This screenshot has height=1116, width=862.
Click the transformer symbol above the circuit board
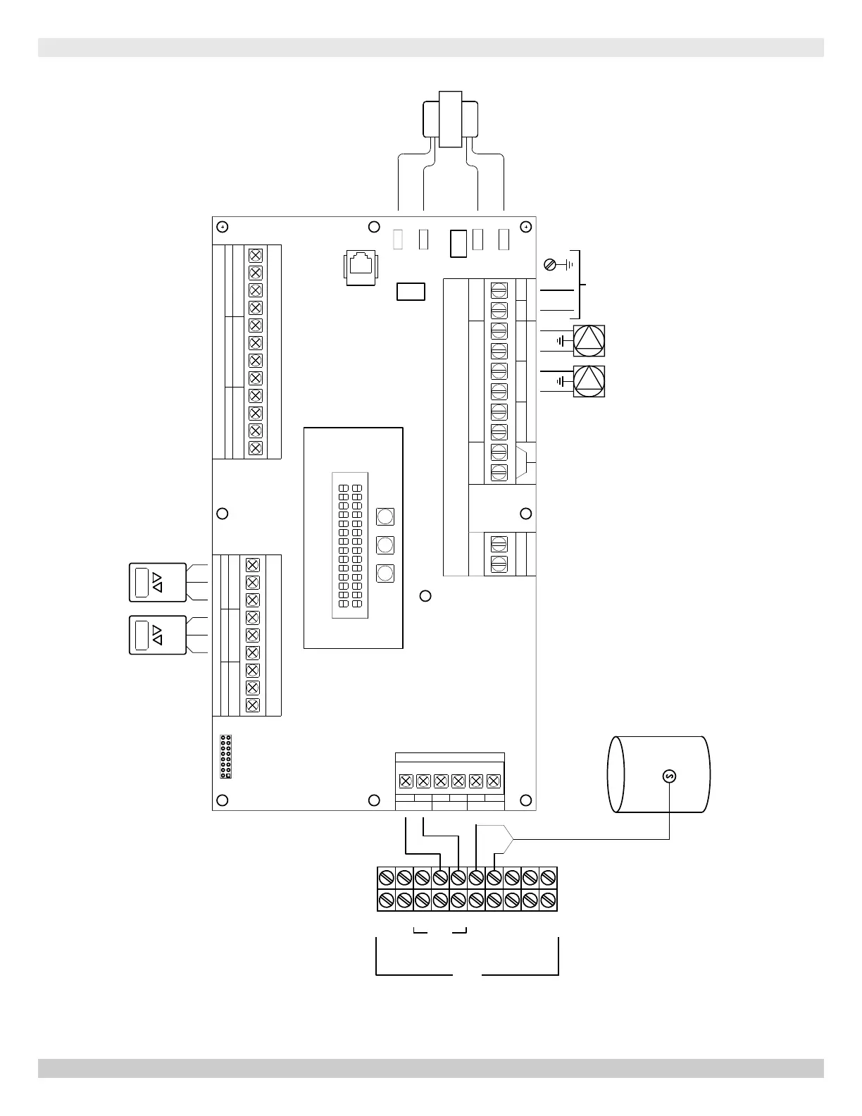(x=450, y=119)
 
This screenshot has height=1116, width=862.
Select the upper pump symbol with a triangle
(x=589, y=341)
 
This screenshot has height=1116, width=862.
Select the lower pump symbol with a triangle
(x=589, y=381)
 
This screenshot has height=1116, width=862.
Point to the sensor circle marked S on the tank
(x=669, y=776)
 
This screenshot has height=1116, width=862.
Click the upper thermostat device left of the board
(x=158, y=582)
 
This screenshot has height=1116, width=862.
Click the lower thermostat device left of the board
(x=158, y=635)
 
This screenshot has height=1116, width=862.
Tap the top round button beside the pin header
(x=385, y=516)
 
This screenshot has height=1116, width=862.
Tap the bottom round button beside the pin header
(x=385, y=573)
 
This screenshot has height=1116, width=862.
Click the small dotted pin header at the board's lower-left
(x=226, y=756)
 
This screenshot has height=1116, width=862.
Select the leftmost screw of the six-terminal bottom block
(x=406, y=781)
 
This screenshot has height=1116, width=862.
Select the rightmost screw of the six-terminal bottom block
(x=493, y=781)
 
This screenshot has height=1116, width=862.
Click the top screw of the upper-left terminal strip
(x=256, y=255)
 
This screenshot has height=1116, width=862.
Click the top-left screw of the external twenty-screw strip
(x=386, y=878)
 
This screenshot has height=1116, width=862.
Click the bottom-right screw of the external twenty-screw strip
(x=549, y=900)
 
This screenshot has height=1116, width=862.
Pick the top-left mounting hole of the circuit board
(x=222, y=227)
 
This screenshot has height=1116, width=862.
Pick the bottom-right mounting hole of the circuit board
(x=525, y=800)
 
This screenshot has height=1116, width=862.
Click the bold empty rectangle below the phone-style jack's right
(x=411, y=291)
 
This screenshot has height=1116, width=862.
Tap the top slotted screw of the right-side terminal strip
(x=499, y=290)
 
